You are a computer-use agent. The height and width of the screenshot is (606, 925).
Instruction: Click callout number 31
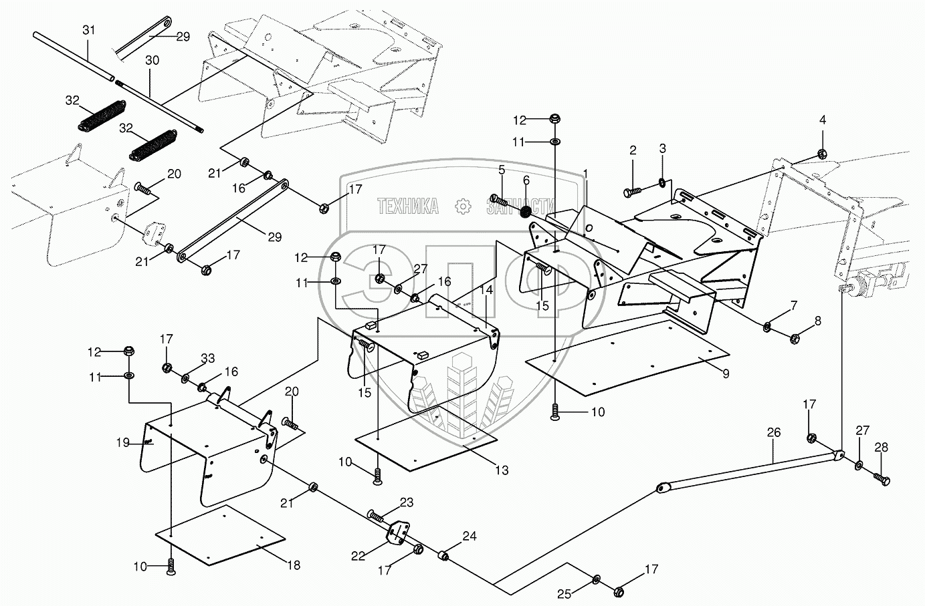(89, 30)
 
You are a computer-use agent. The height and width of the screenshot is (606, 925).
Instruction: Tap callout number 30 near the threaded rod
(152, 61)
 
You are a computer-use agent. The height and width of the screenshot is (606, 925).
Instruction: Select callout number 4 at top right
(823, 120)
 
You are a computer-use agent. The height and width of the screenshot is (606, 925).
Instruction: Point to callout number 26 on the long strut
(773, 433)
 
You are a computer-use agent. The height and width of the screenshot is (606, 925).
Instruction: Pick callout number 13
(502, 470)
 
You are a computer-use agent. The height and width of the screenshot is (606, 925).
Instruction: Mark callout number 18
(293, 565)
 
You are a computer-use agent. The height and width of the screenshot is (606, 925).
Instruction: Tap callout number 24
(470, 536)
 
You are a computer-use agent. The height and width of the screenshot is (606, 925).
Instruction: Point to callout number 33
(208, 359)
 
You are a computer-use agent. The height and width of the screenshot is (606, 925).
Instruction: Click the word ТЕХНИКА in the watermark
(408, 206)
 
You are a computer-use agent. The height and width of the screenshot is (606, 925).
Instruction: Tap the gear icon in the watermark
(462, 206)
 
